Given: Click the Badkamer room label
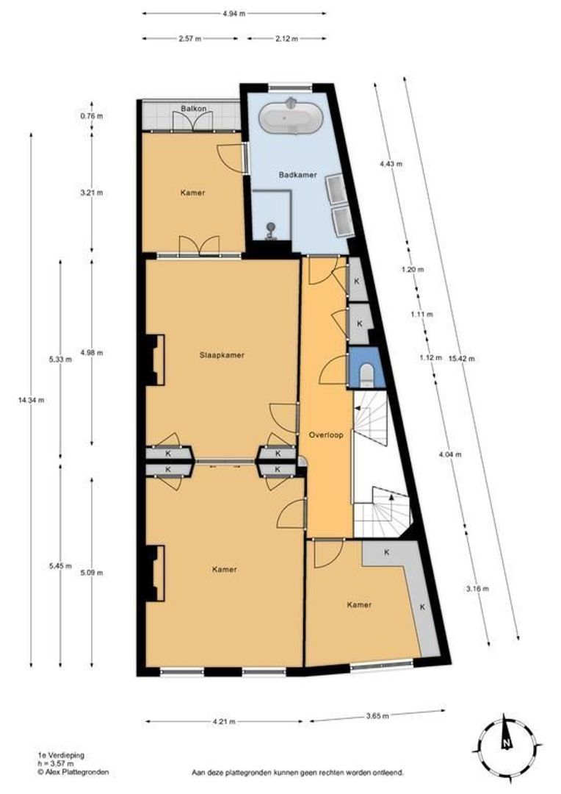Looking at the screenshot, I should point(292,175).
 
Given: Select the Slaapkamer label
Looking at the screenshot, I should point(222,354).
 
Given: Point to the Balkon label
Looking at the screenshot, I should point(193,110).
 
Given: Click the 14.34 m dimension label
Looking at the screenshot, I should point(30,400).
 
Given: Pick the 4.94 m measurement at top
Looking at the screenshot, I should point(234,13).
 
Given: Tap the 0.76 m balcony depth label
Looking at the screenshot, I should point(92,116).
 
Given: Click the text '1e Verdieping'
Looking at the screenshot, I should point(57,755).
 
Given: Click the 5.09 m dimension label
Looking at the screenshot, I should point(92,573).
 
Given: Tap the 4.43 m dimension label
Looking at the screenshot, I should point(391,164).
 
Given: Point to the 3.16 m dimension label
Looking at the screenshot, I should point(478,588).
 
